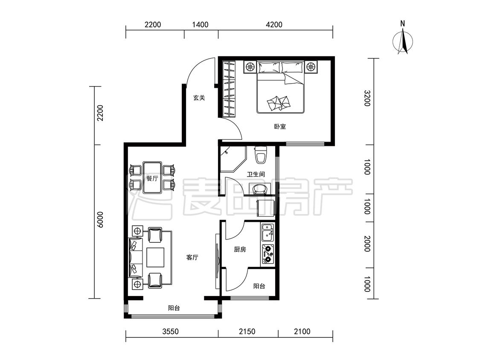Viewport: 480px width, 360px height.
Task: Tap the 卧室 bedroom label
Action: click(280, 126)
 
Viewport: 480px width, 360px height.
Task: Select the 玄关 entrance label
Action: click(199, 98)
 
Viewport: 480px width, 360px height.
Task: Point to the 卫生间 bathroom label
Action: click(256, 174)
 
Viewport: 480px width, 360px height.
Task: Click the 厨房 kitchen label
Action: click(240, 250)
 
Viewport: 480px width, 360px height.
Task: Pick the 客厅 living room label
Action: click(192, 258)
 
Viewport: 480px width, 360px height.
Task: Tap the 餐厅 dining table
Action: click(152, 178)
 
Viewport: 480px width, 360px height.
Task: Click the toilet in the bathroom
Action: click(261, 155)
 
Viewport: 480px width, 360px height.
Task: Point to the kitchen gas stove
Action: click(268, 254)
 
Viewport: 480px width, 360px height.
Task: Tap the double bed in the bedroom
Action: click(280, 87)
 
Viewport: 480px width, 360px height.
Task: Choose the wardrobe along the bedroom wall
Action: click(229, 90)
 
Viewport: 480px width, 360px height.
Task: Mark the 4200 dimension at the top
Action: click(274, 24)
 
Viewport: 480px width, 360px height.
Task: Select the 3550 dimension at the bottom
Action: click(171, 331)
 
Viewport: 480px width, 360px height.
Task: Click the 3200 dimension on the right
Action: click(367, 98)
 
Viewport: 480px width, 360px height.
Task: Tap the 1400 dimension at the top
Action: click(200, 24)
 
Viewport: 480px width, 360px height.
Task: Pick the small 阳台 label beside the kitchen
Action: click(259, 286)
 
